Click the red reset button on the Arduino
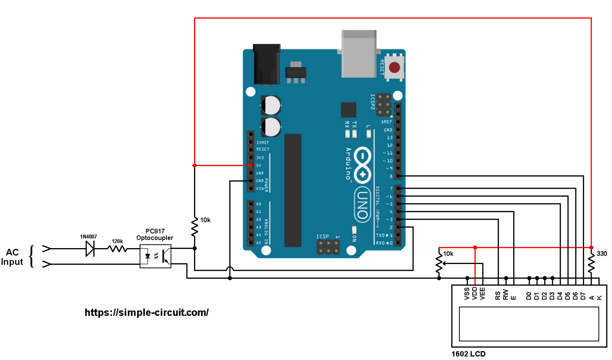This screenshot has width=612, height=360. (x=394, y=67)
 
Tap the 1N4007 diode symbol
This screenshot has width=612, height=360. (x=90, y=249)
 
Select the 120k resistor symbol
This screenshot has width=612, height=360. (x=117, y=249)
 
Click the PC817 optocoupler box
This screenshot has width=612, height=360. (x=155, y=256)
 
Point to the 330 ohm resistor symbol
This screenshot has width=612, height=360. (x=591, y=263)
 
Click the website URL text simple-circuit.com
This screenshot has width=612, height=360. (x=146, y=313)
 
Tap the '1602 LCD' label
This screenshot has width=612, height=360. (x=468, y=354)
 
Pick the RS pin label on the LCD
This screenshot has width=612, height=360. (x=498, y=295)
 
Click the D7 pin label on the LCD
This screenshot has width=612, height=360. (x=583, y=296)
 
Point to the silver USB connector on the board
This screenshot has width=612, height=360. (x=359, y=54)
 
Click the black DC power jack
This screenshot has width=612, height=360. (x=267, y=64)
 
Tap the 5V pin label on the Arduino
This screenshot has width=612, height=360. (x=259, y=165)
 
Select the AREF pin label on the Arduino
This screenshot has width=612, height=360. (x=386, y=122)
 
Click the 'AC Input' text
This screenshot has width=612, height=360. (x=12, y=257)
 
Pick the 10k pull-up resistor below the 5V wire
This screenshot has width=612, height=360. (x=194, y=227)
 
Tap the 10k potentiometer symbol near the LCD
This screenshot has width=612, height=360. (x=439, y=263)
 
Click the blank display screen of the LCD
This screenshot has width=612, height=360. (x=529, y=324)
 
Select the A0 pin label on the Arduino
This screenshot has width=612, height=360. (x=259, y=204)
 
